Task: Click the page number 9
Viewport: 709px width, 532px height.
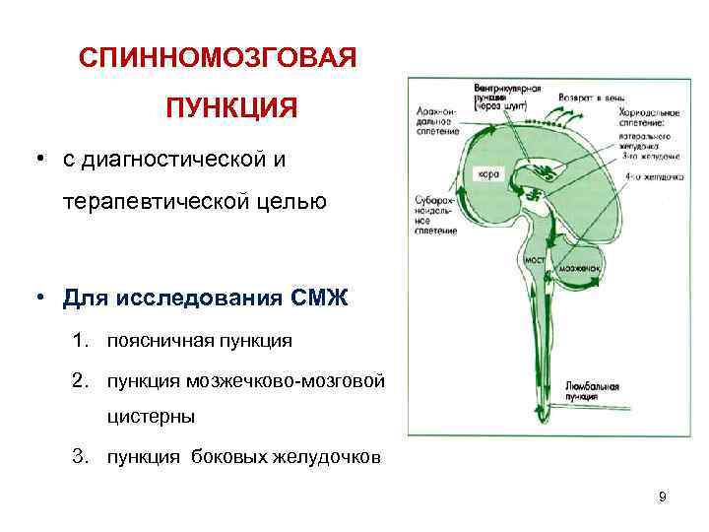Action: [x=663, y=497]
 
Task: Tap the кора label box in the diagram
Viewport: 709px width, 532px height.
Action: [x=490, y=173]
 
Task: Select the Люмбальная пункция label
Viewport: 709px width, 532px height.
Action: [x=593, y=389]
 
